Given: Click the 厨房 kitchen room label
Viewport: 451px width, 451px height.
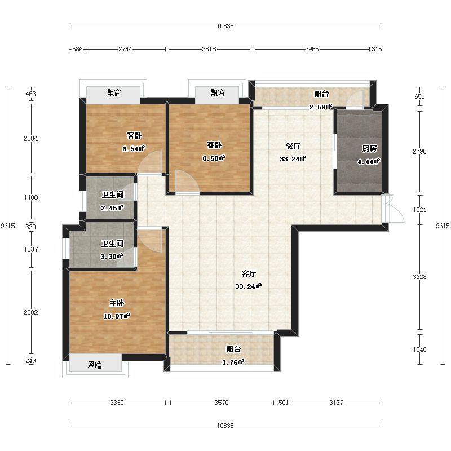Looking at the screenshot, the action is pyautogui.click(x=369, y=148).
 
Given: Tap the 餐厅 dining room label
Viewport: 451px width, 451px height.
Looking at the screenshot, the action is pyautogui.click(x=293, y=146).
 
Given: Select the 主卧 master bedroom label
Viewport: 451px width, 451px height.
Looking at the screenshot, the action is pyautogui.click(x=117, y=303).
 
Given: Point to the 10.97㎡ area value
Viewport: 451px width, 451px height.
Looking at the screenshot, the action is pyautogui.click(x=117, y=316).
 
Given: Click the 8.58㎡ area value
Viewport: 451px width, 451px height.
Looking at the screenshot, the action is pyautogui.click(x=214, y=158).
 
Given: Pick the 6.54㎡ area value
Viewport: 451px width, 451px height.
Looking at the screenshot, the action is pyautogui.click(x=134, y=149).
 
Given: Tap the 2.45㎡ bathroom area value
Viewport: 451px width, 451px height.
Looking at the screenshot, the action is pyautogui.click(x=112, y=207).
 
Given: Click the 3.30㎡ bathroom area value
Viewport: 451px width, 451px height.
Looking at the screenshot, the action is pyautogui.click(x=112, y=257).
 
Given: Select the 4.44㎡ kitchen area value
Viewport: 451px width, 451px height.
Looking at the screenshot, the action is pyautogui.click(x=369, y=162).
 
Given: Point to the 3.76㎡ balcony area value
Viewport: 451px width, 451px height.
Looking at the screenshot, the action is pyautogui.click(x=233, y=362).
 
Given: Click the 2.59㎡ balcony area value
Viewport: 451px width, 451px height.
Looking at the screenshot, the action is pyautogui.click(x=321, y=107).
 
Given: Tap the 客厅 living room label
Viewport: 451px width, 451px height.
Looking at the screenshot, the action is pyautogui.click(x=249, y=273).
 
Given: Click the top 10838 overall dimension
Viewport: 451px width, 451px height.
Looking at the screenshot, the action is pyautogui.click(x=225, y=26).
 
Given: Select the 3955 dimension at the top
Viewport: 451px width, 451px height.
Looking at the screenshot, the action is pyautogui.click(x=312, y=49).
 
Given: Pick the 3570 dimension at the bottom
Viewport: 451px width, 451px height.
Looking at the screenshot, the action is pyautogui.click(x=222, y=403).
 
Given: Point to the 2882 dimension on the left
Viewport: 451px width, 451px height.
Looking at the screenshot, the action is pyautogui.click(x=31, y=312).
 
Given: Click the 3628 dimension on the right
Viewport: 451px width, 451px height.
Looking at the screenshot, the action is pyautogui.click(x=419, y=277).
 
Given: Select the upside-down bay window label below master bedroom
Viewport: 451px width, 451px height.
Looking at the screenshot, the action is pyautogui.click(x=94, y=365).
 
